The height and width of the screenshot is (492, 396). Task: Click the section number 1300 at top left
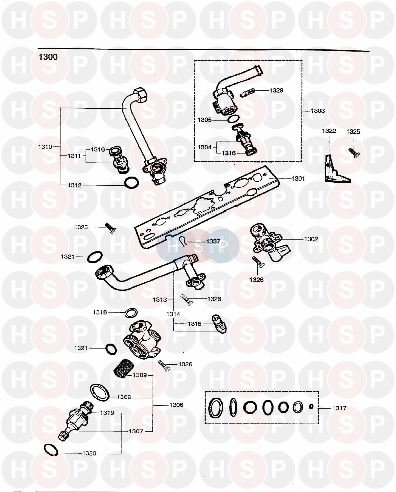click(x=48, y=57)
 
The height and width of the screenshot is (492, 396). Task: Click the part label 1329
click(x=276, y=90)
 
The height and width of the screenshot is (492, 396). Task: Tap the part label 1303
click(x=318, y=111)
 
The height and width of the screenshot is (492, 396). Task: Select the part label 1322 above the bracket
click(x=329, y=131)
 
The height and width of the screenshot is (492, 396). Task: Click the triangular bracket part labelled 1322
click(x=334, y=171)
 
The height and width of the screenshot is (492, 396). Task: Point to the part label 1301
click(x=298, y=178)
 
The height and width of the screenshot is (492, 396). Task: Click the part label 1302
click(x=311, y=239)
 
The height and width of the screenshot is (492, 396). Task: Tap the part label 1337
click(x=213, y=241)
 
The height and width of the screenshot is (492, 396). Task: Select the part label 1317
click(x=339, y=408)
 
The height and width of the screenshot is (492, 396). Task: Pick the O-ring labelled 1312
click(x=131, y=183)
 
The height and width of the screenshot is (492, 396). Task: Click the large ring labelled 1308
click(x=100, y=393)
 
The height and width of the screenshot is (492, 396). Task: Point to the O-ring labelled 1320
click(x=51, y=450)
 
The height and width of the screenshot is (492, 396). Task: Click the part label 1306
click(x=176, y=405)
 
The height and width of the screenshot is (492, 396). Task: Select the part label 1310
click(x=45, y=147)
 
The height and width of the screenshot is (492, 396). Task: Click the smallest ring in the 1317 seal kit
click(x=311, y=406)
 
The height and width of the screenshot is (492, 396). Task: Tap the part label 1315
click(x=195, y=324)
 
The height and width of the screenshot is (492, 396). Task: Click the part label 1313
click(x=160, y=300)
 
